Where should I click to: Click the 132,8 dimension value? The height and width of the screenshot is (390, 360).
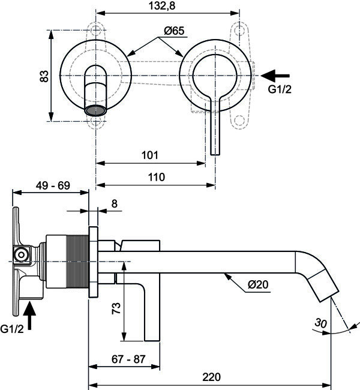162,5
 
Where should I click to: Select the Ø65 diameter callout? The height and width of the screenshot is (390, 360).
174,31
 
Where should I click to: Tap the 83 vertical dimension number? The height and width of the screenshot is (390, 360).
44,76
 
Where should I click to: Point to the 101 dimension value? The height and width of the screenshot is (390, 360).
150,155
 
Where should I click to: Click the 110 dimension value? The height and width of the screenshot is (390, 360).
157,177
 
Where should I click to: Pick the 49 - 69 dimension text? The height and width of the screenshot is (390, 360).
53,185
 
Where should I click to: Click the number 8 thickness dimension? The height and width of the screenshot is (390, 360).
114,204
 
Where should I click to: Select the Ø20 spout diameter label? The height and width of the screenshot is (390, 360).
258,284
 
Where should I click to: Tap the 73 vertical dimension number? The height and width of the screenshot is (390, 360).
116,308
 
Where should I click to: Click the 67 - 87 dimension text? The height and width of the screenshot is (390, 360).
128,359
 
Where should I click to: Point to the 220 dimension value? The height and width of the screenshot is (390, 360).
211,377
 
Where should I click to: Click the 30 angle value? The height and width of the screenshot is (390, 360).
321,323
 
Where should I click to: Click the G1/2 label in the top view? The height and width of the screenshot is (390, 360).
280,89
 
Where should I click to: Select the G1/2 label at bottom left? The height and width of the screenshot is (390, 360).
12,329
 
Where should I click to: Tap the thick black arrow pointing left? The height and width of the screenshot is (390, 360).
275,76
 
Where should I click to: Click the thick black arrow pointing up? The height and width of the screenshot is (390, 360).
29,316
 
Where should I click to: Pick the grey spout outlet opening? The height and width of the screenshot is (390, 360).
95,110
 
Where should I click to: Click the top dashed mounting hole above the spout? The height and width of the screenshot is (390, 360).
95,29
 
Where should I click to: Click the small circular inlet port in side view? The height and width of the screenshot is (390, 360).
22,254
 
